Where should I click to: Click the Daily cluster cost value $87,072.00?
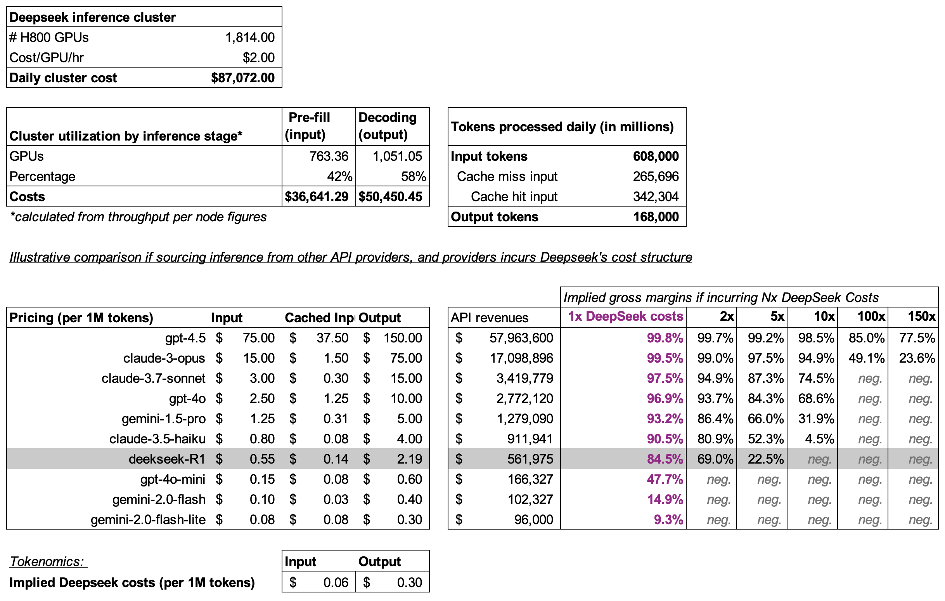pos(242,78)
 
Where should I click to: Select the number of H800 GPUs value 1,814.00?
pos(249,37)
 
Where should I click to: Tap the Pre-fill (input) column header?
pos(309,126)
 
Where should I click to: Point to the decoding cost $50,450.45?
pos(390,196)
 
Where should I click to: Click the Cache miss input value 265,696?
pos(655,176)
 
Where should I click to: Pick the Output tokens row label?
pos(495,217)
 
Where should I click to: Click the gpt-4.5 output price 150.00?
pos(402,338)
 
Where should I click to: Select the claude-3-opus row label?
pos(164,358)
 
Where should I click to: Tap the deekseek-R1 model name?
pos(167,459)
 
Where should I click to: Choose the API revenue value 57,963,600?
pos(521,338)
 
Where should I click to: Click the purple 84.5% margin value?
pos(665,459)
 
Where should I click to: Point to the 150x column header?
pos(921,316)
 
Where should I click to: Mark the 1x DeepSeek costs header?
pos(626,316)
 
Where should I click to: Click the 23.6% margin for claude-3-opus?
pos(917,358)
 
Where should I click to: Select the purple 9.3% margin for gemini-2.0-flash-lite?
pos(668,520)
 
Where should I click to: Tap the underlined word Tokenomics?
pos(47,562)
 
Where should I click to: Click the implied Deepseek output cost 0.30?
pos(409,582)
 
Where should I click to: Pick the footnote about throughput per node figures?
pos(138,217)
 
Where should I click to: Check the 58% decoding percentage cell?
pos(413,176)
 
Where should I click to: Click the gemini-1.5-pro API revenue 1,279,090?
pos(525,419)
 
